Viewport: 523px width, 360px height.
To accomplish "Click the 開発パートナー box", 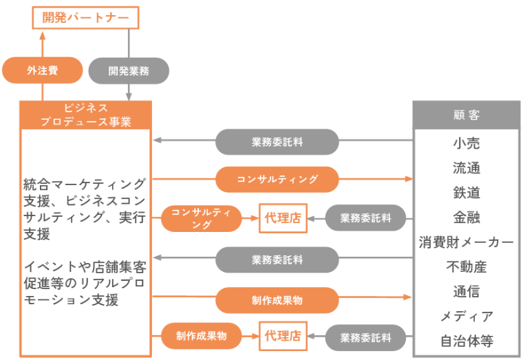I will [85, 17].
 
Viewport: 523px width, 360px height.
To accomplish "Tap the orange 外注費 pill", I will [43, 70].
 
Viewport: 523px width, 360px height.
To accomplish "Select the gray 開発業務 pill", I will [129, 70].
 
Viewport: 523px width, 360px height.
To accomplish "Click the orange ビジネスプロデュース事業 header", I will [85, 114].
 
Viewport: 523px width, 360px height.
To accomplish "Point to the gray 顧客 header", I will [466, 114].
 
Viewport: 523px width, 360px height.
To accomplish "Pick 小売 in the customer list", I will [466, 143].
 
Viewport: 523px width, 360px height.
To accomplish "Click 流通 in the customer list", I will [466, 168].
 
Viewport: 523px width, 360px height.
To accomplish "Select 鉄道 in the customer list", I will [466, 193].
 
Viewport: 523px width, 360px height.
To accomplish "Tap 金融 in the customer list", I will [466, 218].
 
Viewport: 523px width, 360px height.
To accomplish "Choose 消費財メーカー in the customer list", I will [466, 242].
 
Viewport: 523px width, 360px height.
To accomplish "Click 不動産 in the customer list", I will [466, 267].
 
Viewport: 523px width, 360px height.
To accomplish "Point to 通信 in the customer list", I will [466, 291].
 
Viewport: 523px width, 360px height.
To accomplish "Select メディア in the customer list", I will [466, 316].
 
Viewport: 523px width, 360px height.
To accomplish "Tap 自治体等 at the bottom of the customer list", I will [466, 341].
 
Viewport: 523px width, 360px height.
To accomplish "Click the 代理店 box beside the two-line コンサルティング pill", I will [283, 218].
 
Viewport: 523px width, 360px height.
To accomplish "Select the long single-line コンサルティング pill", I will [277, 179].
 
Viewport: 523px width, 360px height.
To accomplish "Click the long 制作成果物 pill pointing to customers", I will [277, 300].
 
